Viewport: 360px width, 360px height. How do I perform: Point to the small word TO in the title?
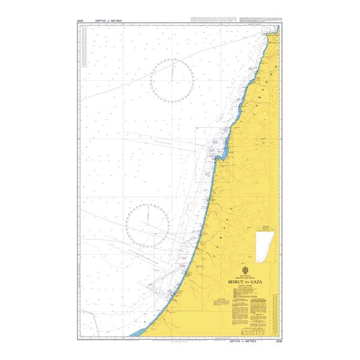248,280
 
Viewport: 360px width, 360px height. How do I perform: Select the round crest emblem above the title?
247,269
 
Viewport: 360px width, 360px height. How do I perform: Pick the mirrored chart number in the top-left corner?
80,20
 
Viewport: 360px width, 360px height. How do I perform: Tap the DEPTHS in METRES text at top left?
108,20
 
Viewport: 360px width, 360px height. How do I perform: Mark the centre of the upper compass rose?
172,80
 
